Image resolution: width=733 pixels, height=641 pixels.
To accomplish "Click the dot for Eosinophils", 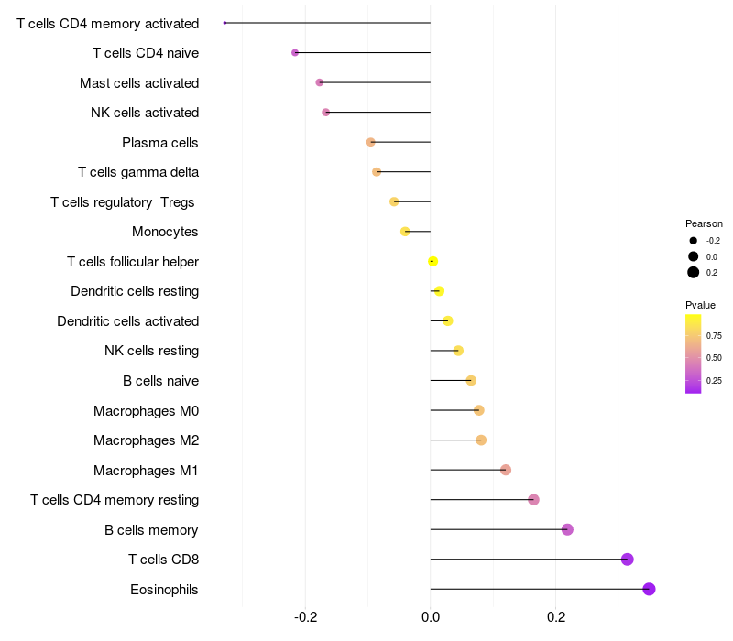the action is click(649, 589).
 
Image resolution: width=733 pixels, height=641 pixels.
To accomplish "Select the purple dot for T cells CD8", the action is click(628, 560).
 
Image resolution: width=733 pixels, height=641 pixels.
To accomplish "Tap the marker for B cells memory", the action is click(567, 529).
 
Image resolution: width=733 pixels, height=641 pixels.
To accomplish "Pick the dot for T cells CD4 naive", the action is click(295, 53).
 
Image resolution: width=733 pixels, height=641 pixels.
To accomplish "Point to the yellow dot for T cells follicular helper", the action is click(432, 261).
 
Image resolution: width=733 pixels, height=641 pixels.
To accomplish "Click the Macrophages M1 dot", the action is click(506, 470).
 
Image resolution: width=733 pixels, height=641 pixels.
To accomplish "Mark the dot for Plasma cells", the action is click(371, 142).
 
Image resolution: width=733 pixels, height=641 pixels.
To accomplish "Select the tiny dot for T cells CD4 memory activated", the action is click(224, 23).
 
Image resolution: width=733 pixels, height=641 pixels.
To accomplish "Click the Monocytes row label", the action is click(165, 232).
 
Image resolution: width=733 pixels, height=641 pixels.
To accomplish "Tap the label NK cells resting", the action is click(151, 351).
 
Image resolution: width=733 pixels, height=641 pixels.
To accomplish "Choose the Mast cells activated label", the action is click(139, 83).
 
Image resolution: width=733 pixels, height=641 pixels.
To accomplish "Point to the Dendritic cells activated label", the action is click(128, 321).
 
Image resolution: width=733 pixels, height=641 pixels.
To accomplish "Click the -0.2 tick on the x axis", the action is click(306, 617).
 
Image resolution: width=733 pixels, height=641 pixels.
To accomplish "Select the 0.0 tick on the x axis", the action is click(431, 617).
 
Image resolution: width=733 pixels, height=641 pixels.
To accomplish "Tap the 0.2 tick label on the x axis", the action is click(556, 617).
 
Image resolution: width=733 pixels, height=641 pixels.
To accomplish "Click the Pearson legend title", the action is click(704, 223).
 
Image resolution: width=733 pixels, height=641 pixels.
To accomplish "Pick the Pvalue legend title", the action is click(700, 305).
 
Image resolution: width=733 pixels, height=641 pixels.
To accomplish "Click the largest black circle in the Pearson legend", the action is click(694, 272).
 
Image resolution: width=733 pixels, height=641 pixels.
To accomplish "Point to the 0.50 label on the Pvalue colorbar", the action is click(714, 358).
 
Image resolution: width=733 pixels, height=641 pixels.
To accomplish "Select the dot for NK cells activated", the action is click(326, 112).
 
